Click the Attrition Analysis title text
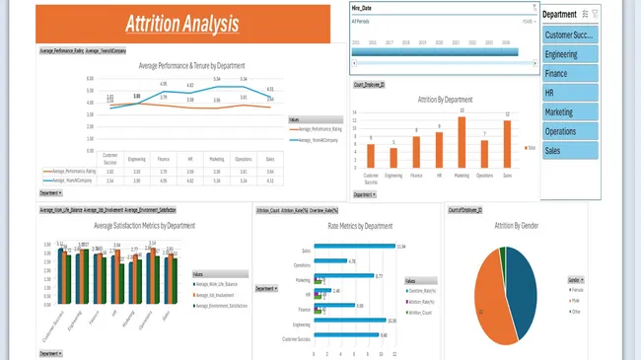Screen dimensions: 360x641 click(x=182, y=23)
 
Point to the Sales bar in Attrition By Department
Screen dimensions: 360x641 click(x=507, y=144)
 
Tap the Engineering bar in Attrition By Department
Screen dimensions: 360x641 click(x=393, y=158)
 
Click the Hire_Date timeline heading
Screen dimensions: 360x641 click(x=362, y=7)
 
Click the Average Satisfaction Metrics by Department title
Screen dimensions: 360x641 click(x=137, y=226)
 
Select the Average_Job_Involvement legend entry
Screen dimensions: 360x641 click(x=218, y=295)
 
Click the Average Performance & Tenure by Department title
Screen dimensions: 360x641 click(x=192, y=65)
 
